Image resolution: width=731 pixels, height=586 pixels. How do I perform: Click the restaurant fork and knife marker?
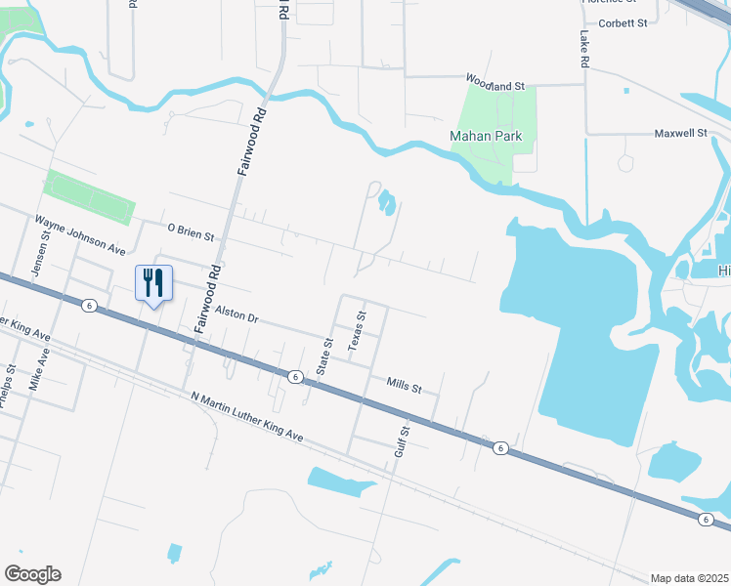(x=153, y=284)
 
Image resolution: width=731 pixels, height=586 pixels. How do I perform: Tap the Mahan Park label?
(x=486, y=136)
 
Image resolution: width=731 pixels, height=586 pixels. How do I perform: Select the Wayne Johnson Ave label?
(x=82, y=235)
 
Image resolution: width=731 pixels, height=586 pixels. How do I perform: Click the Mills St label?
(x=403, y=388)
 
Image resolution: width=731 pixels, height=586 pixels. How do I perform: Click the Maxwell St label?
(x=680, y=132)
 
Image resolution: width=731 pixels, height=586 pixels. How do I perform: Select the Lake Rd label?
(x=583, y=47)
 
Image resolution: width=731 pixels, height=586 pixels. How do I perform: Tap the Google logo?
(x=32, y=574)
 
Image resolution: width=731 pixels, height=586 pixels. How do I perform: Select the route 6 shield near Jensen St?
(x=89, y=306)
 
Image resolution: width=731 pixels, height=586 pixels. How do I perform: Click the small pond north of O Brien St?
(x=387, y=203)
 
